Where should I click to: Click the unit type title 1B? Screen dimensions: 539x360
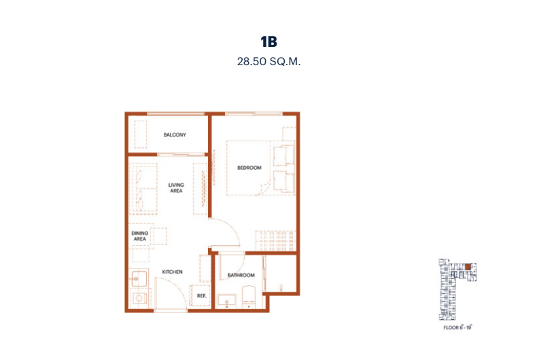tap(268, 41)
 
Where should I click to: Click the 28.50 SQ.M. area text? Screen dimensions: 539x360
tap(268, 62)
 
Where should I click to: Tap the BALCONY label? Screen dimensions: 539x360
tap(175, 134)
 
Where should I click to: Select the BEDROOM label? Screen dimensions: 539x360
tap(249, 168)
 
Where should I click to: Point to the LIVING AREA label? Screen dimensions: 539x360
tap(176, 188)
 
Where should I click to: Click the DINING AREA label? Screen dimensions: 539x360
tap(140, 236)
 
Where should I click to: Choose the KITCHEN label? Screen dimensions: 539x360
tap(172, 272)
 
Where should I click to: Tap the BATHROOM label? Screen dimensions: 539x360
tap(241, 275)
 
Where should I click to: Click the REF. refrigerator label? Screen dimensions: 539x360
tap(202, 295)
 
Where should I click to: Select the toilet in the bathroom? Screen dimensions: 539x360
tap(249, 297)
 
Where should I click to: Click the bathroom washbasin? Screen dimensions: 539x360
tap(227, 300)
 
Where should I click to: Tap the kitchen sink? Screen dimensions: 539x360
tap(139, 278)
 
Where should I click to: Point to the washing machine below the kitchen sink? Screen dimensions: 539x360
tap(139, 298)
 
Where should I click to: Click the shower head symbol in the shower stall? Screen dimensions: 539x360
tap(281, 287)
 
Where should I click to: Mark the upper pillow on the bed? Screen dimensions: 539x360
tap(284, 156)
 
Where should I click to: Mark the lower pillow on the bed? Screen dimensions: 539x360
tap(284, 181)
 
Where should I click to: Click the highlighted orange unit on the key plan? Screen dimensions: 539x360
tap(468, 266)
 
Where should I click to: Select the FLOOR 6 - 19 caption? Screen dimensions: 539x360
tap(458, 327)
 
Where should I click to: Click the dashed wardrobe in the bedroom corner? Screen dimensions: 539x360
tap(276, 241)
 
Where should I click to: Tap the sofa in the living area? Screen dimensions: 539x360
tap(143, 189)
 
